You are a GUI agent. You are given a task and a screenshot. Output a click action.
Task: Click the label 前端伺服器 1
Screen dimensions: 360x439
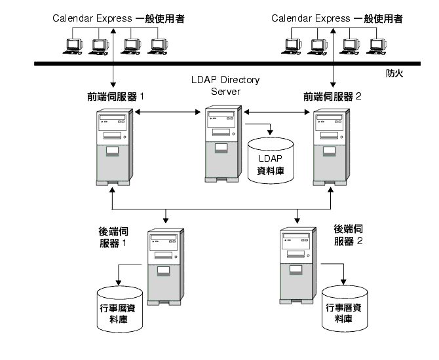coord(116,96)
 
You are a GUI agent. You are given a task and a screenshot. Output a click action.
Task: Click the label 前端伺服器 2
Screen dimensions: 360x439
coord(333,96)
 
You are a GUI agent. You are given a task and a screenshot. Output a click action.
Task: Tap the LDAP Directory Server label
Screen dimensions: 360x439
coord(225,86)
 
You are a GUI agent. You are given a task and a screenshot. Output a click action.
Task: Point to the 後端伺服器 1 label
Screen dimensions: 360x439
coord(113,236)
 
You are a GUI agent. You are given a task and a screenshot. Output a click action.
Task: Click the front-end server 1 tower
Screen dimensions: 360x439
coord(115,147)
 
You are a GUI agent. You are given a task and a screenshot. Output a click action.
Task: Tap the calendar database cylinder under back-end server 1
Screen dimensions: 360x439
coord(119,308)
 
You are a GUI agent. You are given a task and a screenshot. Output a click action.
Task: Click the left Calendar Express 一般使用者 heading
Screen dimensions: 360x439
coord(119,18)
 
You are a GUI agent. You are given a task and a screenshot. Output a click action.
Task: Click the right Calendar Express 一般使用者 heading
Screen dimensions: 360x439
coord(337,18)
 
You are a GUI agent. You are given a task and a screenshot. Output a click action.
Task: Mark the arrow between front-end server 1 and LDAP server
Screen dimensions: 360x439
coord(166,113)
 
